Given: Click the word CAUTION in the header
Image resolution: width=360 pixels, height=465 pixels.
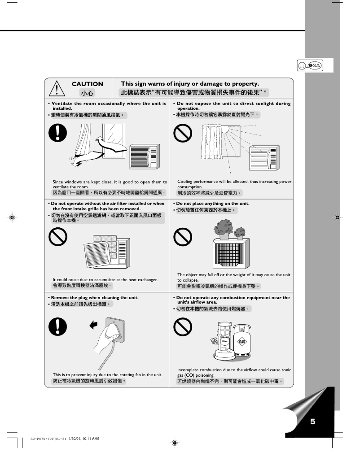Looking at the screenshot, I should click(88, 84).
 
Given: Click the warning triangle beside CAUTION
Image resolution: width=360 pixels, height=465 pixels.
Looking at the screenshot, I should click(58, 88).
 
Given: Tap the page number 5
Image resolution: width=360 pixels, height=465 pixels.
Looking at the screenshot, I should click(312, 421).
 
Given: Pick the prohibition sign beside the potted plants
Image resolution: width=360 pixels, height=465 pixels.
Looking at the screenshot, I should click(183, 236).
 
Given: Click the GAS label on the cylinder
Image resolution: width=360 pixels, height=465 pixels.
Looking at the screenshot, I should click(242, 342).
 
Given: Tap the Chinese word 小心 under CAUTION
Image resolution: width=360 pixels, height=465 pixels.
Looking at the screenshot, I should click(87, 93).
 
